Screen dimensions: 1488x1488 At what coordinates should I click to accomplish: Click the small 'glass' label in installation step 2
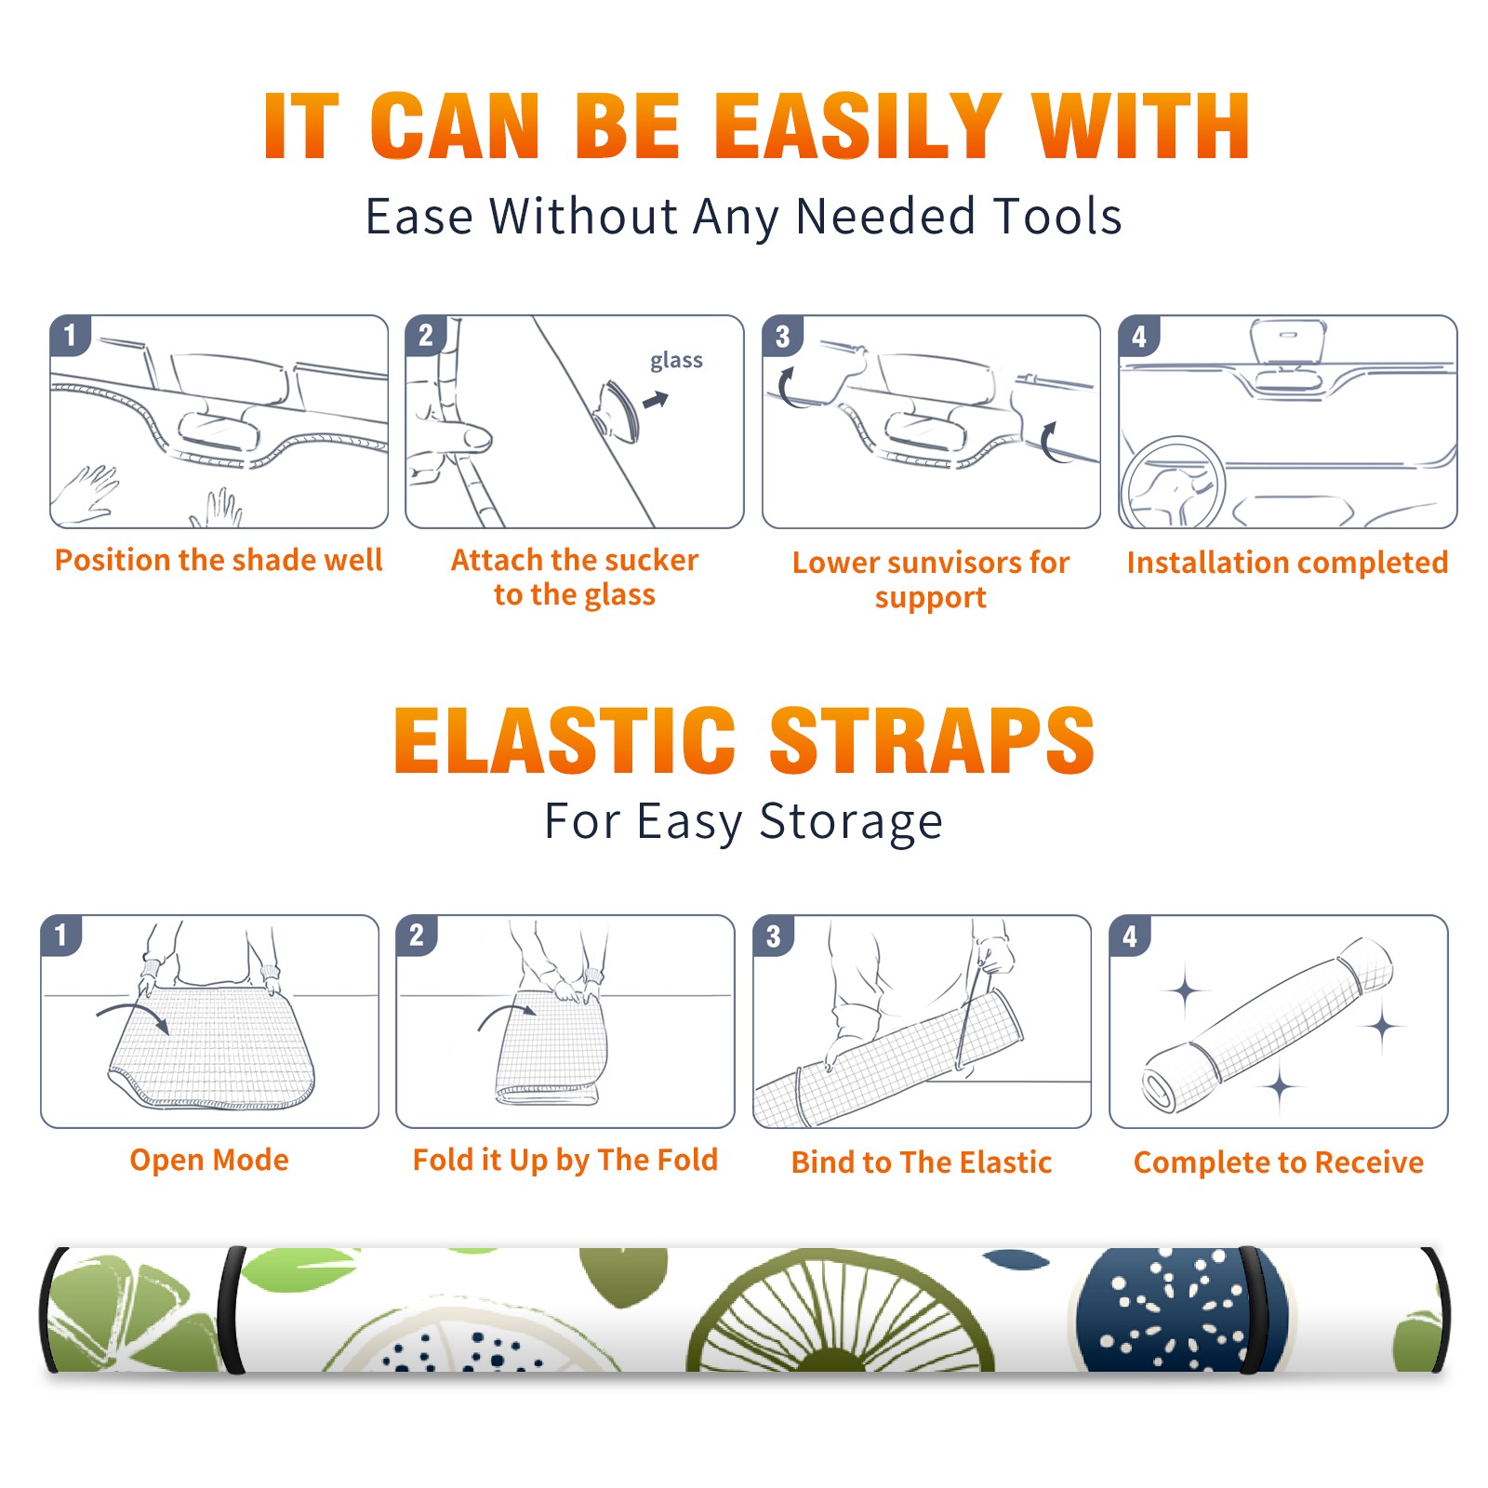coord(676,360)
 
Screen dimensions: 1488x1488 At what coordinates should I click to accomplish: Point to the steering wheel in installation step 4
coord(1173,483)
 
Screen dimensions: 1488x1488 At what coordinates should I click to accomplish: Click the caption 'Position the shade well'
coord(219,560)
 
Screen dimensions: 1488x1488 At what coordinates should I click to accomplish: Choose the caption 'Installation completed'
coord(1287,563)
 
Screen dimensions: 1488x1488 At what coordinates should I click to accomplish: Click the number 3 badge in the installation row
coord(782,336)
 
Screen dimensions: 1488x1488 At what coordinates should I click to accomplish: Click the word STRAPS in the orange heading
coord(932,740)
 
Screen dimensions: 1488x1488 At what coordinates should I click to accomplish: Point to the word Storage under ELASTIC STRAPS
coord(851,822)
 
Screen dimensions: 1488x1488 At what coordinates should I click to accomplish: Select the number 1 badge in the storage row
coord(61,935)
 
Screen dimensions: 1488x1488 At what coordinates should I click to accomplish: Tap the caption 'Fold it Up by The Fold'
coord(565,1160)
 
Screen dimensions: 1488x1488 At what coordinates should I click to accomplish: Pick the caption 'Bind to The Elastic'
coord(922,1162)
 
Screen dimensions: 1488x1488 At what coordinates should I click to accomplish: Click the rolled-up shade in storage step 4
coord(1268,1024)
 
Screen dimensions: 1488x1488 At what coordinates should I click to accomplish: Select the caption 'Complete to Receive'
coord(1279,1162)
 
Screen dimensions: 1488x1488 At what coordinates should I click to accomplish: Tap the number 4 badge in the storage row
coord(1130,936)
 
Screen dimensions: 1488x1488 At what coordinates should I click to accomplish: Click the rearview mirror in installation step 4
coord(1288,341)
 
